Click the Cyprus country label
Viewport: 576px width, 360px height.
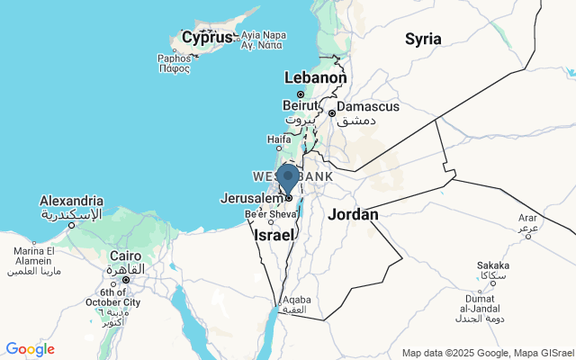[x=207, y=38]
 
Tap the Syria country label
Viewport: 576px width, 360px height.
[x=423, y=39]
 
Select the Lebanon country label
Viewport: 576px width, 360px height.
[x=315, y=78]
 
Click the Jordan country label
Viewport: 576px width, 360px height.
[x=353, y=214]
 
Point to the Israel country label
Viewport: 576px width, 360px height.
[x=274, y=234]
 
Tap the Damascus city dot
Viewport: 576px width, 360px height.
[x=332, y=113]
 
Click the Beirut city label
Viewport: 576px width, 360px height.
[x=301, y=105]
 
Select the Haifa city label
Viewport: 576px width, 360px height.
[x=279, y=139]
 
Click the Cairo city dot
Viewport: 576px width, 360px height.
[x=126, y=279]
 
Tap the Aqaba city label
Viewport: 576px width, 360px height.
[x=297, y=300]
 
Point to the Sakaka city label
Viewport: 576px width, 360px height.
[x=492, y=265]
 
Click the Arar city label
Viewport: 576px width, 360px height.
[x=527, y=218]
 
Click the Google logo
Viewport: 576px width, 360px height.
[x=30, y=349]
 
